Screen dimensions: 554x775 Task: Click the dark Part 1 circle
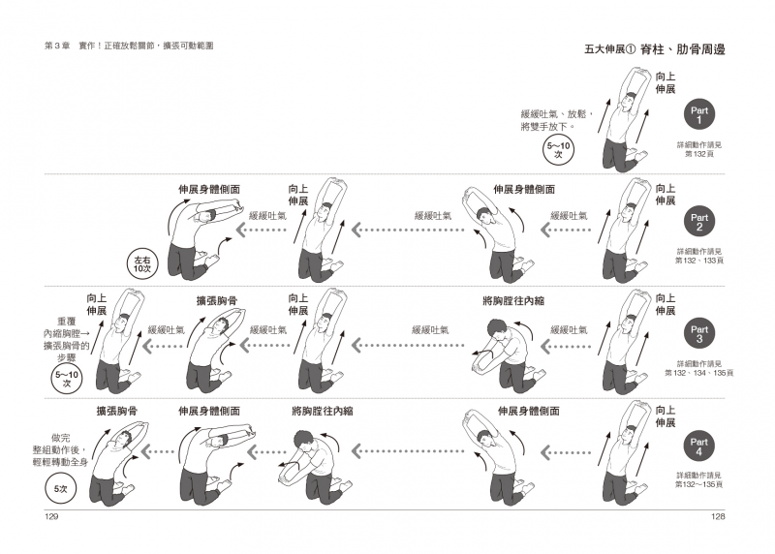pos(698,115)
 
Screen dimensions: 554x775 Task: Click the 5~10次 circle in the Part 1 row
pos(559,150)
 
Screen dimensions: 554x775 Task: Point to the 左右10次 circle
pos(142,262)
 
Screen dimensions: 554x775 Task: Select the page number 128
pos(718,518)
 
